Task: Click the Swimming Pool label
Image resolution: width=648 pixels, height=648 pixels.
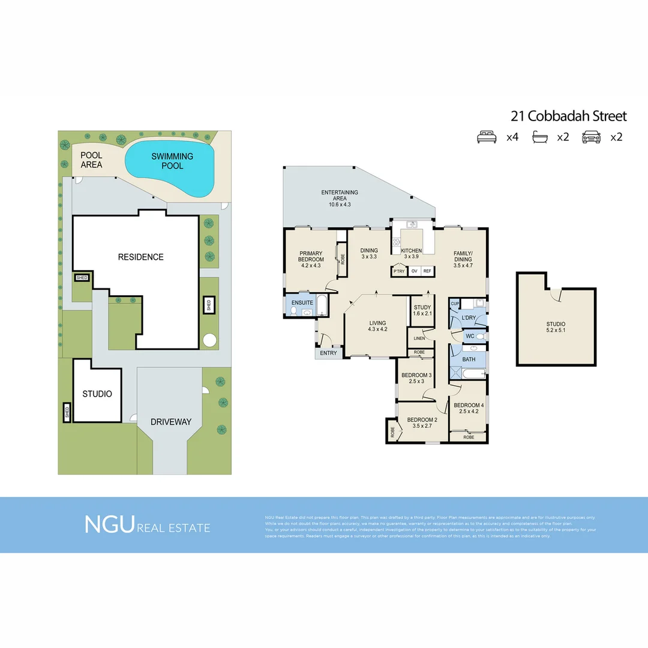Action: (172, 161)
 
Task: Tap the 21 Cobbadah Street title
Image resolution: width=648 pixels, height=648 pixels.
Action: (568, 116)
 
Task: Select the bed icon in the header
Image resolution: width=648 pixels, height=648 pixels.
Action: (487, 137)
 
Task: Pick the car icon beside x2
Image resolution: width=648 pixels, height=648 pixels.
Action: (591, 137)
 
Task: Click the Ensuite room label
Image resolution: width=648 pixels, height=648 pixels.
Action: (302, 303)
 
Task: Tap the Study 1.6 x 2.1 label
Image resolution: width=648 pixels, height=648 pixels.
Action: (422, 311)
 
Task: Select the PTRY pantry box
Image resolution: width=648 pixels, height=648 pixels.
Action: (398, 271)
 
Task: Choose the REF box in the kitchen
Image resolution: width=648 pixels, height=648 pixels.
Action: (427, 271)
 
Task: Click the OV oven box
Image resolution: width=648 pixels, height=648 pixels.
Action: (413, 271)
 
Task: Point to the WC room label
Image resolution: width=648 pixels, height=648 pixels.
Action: (470, 337)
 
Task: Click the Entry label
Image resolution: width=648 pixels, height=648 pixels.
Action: (328, 353)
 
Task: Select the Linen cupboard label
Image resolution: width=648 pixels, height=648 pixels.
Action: (419, 338)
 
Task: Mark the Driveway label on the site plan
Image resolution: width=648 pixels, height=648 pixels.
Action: (171, 422)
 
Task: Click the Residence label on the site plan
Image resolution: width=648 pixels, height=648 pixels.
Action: (140, 257)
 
